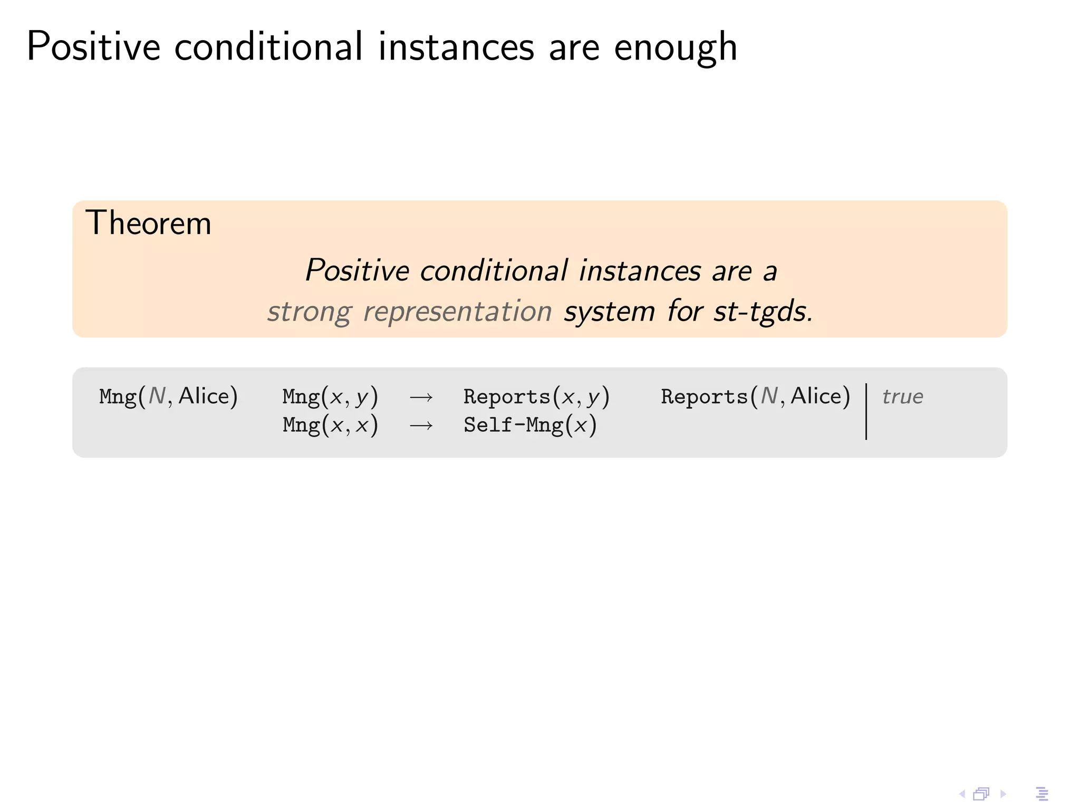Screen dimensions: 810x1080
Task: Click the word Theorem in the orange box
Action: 148,223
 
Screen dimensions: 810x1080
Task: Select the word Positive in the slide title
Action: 93,47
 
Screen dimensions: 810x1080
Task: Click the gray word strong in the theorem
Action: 309,312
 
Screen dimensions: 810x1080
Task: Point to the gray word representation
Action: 457,312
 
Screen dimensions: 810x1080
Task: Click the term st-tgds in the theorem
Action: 763,312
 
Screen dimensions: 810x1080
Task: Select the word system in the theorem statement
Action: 610,312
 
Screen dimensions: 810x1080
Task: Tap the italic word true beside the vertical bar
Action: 902,397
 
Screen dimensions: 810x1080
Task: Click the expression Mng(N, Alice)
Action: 168,397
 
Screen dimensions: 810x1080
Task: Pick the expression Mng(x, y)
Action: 330,397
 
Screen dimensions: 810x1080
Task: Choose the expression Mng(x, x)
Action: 330,425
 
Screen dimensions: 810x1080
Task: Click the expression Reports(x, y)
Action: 536,397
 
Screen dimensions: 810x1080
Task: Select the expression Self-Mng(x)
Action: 530,425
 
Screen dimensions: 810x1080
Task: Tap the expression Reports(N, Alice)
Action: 755,397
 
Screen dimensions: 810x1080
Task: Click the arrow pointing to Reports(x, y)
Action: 421,398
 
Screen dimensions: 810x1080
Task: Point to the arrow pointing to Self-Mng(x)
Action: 421,426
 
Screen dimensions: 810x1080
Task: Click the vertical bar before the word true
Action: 866,411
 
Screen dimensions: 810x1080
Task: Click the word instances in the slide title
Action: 456,47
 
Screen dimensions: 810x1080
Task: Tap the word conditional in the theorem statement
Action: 494,271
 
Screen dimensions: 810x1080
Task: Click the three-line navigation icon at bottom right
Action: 1042,794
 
